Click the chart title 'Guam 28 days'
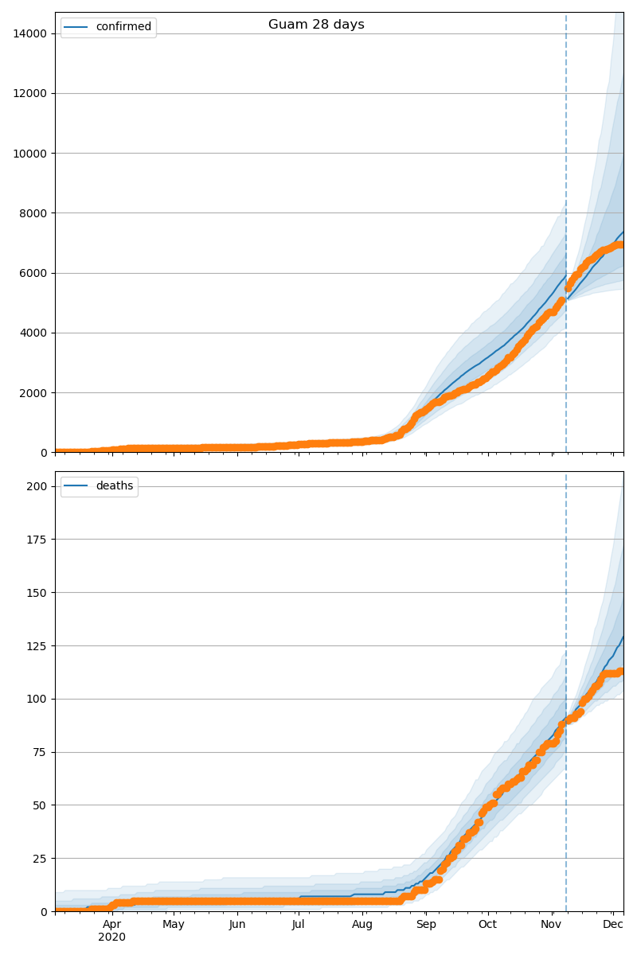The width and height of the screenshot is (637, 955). click(316, 25)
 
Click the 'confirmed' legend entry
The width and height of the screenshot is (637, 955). click(123, 27)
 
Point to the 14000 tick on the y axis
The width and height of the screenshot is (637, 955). click(30, 33)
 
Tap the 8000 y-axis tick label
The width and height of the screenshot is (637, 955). click(33, 213)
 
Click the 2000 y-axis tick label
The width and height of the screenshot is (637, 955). click(33, 393)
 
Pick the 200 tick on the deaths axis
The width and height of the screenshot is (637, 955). click(37, 486)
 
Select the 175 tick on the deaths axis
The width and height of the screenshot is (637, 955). click(37, 540)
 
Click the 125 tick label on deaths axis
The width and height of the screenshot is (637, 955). click(37, 646)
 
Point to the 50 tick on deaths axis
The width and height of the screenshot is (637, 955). click(41, 805)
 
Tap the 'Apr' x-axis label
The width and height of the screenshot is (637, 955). click(111, 925)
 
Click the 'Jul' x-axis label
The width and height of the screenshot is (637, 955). click(298, 925)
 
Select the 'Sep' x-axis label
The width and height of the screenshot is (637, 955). click(426, 925)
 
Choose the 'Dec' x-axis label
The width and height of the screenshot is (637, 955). click(612, 925)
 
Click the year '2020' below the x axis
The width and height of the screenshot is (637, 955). click(111, 937)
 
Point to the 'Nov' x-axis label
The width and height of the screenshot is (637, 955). click(551, 925)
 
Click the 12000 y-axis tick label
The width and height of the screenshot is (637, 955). click(30, 93)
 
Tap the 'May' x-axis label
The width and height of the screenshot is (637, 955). click(173, 925)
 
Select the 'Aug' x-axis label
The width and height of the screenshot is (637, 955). click(362, 925)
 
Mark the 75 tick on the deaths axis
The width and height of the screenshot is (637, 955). click(41, 752)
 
